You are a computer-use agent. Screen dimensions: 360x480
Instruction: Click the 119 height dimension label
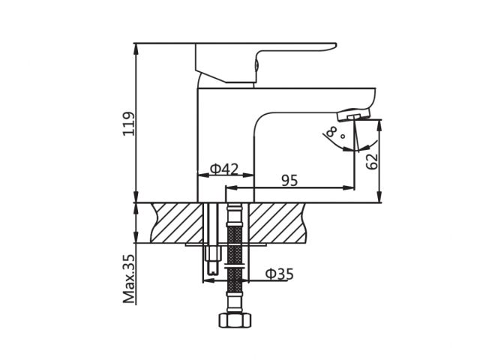129,123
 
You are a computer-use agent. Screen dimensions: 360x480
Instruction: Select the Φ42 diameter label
224,169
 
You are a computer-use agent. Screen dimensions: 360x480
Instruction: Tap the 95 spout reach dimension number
289,181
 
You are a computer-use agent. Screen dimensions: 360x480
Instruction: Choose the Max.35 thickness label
129,278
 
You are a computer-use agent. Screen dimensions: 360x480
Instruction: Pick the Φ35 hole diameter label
278,274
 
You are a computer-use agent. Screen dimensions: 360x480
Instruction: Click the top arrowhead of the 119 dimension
136,47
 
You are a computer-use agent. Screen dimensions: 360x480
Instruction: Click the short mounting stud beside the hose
212,259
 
